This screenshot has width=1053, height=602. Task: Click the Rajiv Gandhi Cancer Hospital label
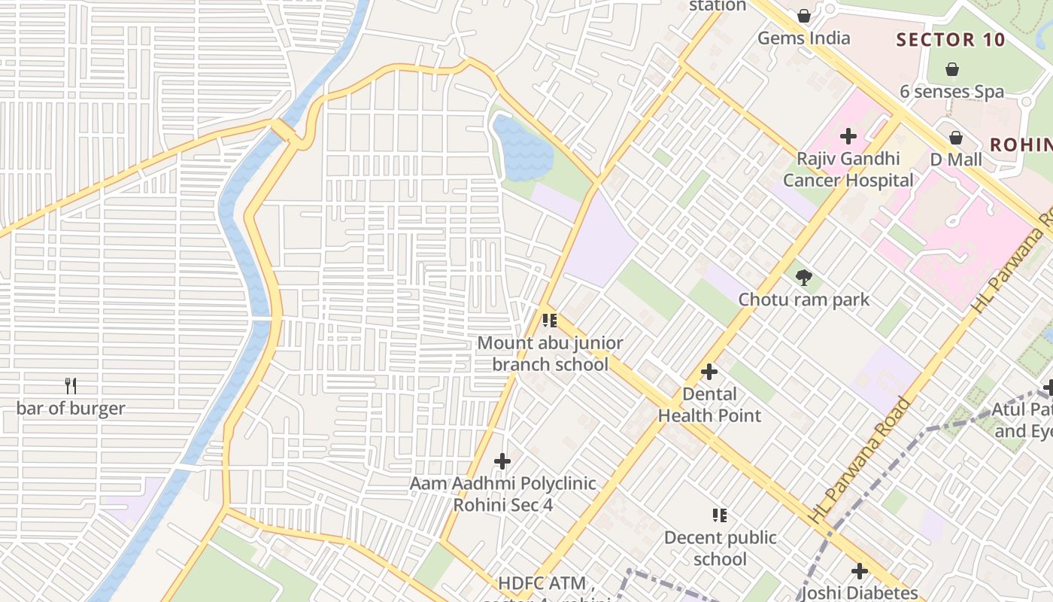pos(848,169)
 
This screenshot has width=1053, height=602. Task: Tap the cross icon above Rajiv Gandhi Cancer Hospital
pos(848,136)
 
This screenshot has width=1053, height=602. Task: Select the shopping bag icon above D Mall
pos(956,138)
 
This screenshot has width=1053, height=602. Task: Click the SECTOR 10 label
pos(951,40)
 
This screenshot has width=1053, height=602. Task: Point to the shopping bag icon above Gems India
pos(804,16)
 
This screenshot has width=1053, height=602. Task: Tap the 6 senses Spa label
pos(951,92)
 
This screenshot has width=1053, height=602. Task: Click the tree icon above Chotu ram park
pos(803,278)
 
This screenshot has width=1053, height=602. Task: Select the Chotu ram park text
pos(803,299)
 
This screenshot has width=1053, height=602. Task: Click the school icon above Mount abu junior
pos(550,321)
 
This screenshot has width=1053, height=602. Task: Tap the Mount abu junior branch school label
pos(550,354)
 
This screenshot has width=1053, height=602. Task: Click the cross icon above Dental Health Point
pos(709,372)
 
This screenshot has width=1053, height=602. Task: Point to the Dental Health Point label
pos(709,405)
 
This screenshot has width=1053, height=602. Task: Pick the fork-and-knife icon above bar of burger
pos(71,386)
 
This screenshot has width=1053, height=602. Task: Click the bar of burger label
pos(71,409)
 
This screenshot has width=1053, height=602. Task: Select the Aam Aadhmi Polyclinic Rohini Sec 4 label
pos(502,494)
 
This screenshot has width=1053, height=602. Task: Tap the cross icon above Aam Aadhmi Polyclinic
pos(502,461)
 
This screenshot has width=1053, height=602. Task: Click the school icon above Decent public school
pos(720,515)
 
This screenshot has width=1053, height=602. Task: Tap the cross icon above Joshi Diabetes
pos(860,571)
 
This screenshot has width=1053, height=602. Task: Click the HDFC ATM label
pos(547,584)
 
